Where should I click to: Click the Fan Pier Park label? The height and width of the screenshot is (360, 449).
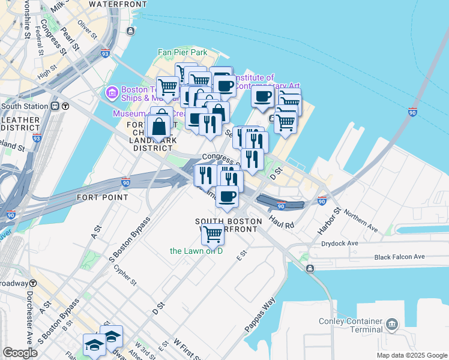tap(182, 52)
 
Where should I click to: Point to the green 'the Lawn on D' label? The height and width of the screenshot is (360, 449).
tap(196, 251)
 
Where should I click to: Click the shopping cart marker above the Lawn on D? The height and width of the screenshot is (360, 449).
tap(212, 234)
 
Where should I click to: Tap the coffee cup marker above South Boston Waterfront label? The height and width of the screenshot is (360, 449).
tap(226, 197)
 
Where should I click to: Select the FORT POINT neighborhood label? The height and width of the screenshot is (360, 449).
tap(102, 197)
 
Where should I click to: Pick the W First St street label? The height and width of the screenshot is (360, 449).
tap(186, 348)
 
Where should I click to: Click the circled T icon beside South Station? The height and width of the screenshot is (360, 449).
tap(65, 106)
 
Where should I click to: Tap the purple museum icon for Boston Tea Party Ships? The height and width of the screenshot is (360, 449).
tap(110, 92)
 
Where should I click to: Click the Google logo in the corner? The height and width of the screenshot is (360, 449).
tap(20, 352)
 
